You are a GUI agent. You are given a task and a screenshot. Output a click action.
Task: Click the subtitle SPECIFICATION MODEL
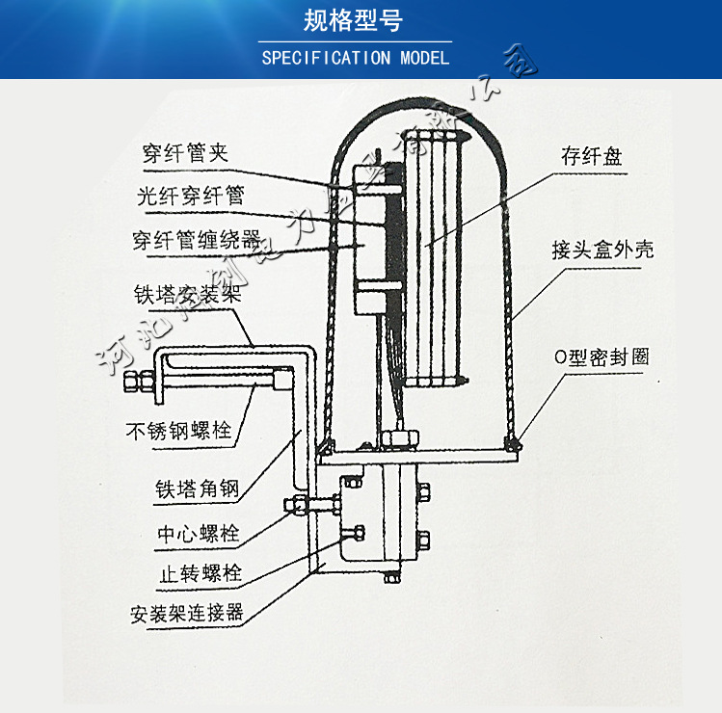pos(356,58)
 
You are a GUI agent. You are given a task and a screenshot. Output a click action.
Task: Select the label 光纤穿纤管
pos(190,196)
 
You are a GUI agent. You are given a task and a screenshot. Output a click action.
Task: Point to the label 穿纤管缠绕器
pos(196,240)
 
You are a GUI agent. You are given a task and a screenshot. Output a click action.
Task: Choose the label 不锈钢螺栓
pos(179,430)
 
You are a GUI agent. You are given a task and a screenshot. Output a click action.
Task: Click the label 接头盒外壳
pos(602,250)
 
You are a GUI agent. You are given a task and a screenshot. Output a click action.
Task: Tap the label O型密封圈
pos(602,356)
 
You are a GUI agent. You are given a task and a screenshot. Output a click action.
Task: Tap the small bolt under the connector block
pos(391,578)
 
